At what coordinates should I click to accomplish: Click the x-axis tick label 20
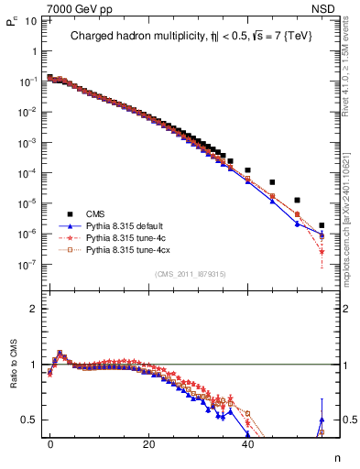click(148, 442)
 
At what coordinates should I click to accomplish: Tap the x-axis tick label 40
click(247, 442)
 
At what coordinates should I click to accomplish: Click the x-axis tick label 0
click(49, 442)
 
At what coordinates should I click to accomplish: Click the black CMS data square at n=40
click(247, 170)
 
